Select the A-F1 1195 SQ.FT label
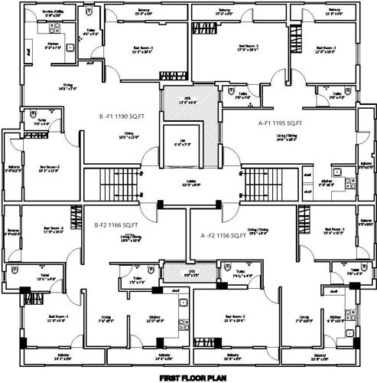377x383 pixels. pos(281,123)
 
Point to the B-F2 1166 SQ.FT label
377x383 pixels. pos(116,224)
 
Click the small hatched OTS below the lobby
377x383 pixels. pos(180,273)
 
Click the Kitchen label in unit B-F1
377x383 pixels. pos(54,45)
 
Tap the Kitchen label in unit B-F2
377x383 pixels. pos(154,319)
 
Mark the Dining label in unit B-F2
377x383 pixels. pos(106,319)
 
